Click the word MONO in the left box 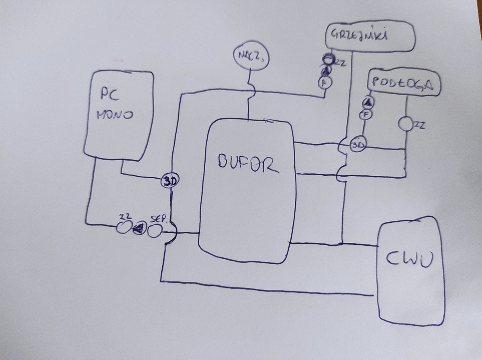click(114, 115)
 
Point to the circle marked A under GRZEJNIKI click(324, 82)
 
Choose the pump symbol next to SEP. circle click(139, 229)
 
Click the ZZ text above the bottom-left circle click(123, 217)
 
